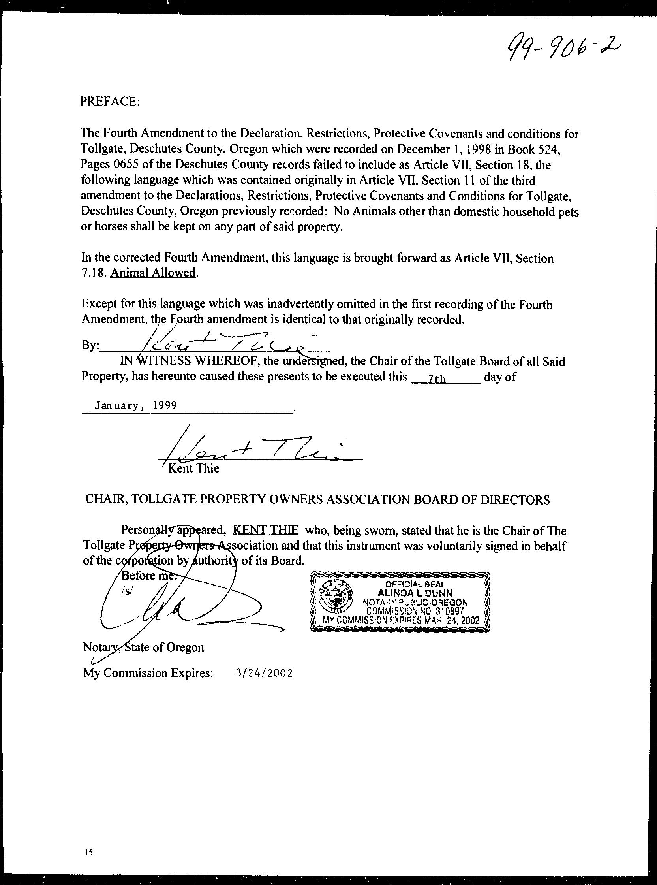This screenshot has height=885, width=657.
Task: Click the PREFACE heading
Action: (110, 102)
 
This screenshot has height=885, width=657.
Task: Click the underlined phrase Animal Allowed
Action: (153, 273)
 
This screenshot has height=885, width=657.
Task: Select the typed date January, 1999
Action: (135, 405)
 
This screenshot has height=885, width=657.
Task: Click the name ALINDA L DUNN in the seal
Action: (416, 593)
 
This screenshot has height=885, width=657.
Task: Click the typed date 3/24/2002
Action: (264, 673)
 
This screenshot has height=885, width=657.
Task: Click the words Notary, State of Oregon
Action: (143, 647)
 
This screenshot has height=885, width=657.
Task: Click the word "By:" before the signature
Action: (90, 345)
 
